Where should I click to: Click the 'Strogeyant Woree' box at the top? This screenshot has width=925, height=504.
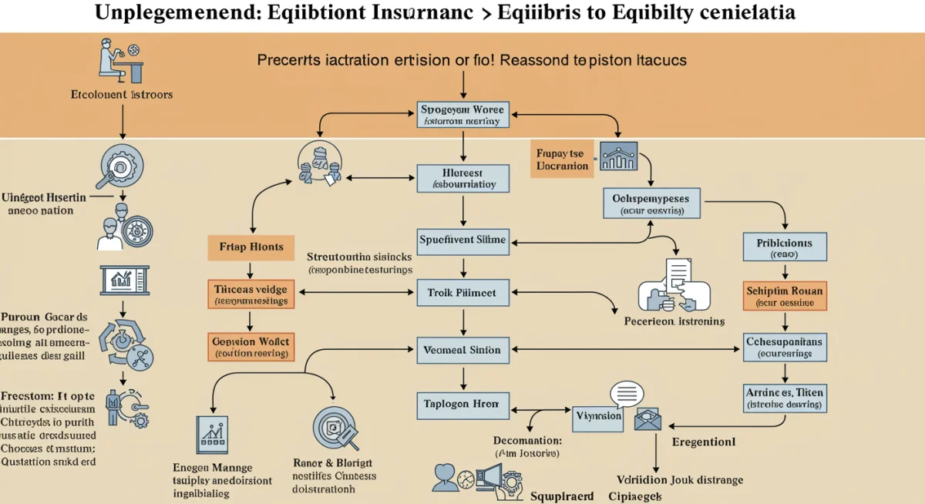click(462, 113)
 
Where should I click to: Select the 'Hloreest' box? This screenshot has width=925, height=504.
click(462, 178)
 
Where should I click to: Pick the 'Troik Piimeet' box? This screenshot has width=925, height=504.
click(462, 292)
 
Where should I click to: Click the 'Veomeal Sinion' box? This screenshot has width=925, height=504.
click(462, 351)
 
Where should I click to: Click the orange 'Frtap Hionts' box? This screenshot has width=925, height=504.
click(251, 248)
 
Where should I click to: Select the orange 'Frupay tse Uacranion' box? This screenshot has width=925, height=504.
click(562, 160)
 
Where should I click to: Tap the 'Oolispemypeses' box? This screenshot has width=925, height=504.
click(651, 203)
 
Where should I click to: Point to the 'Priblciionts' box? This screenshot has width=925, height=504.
click(785, 247)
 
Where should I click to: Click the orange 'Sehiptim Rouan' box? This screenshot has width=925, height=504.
click(785, 297)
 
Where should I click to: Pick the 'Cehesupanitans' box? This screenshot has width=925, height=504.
click(785, 347)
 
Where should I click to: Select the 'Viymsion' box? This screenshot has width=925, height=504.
click(598, 416)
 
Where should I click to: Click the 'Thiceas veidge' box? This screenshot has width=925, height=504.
click(251, 295)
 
